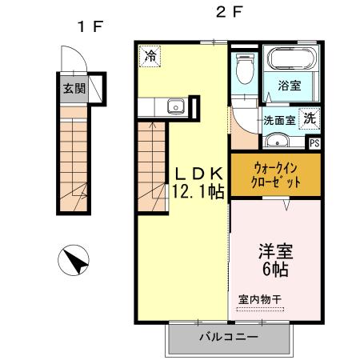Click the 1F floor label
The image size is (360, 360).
[x=90, y=26]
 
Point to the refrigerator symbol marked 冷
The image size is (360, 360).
[x=150, y=55]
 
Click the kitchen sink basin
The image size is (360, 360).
[x=174, y=106]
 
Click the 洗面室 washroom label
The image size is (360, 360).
[x=280, y=121]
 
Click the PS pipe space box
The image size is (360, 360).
[x=314, y=144]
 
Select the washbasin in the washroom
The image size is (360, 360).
[x=277, y=142]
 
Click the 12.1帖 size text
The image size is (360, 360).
[x=197, y=191]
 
